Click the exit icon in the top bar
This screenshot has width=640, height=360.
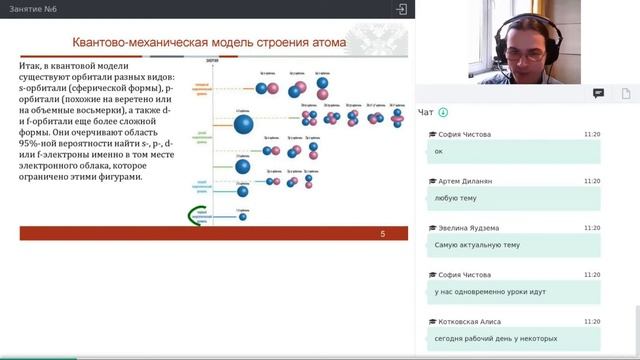click(401, 9)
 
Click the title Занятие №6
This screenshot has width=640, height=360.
click(31, 9)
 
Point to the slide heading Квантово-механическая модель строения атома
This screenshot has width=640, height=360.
click(210, 43)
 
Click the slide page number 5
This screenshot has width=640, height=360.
click(382, 234)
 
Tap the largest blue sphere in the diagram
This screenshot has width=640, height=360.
click(242, 125)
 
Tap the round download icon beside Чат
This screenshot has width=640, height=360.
click(443, 112)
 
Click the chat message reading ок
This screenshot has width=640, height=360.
click(439, 151)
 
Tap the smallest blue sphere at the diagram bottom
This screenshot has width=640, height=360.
click(242, 215)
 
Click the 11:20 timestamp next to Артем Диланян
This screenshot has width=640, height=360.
click(592, 181)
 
